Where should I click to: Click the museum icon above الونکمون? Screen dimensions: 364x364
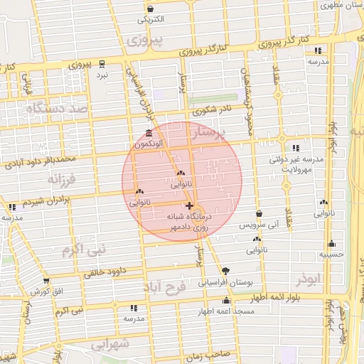[x=148, y=134]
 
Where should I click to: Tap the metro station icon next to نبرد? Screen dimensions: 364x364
[x=103, y=63]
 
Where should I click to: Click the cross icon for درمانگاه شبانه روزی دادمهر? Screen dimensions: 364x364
[x=188, y=205]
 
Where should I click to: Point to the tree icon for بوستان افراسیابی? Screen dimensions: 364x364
[x=226, y=270]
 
